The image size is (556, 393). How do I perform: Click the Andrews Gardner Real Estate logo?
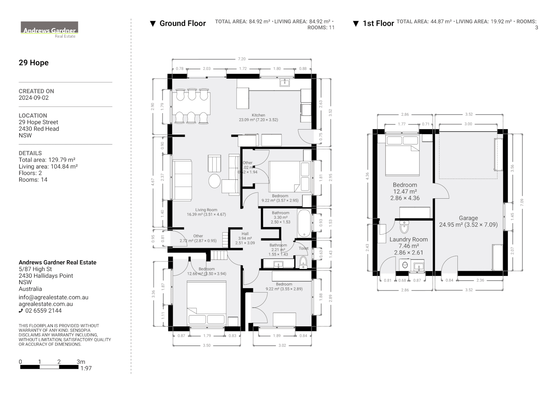pos(49,29)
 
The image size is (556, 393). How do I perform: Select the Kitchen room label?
pos(258,115)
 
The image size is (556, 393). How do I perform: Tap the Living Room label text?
pos(206,210)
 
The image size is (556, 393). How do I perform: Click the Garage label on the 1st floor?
pos(468,218)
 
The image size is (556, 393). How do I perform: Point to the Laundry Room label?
pos(408,239)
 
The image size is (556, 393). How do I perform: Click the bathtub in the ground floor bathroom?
pos(304,223)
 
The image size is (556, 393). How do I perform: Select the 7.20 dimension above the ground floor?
pos(241,59)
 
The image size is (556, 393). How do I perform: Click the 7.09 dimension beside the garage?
pos(522,202)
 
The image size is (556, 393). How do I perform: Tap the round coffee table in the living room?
pos(215,181)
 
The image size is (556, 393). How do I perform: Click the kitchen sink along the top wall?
pos(284,83)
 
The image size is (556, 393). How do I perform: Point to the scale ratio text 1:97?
pos(86,368)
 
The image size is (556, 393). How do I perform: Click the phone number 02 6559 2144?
pos(43,311)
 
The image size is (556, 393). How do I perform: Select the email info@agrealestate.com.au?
pos(53,297)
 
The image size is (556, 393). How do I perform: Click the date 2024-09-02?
pos(33,98)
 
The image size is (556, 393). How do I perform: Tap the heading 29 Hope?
pos(33,63)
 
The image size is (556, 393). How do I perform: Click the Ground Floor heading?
pos(183,24)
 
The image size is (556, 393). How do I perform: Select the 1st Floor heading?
pos(378,24)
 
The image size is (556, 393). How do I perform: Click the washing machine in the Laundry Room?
pos(404,265)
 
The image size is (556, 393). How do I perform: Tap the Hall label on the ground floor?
pos(245,234)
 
